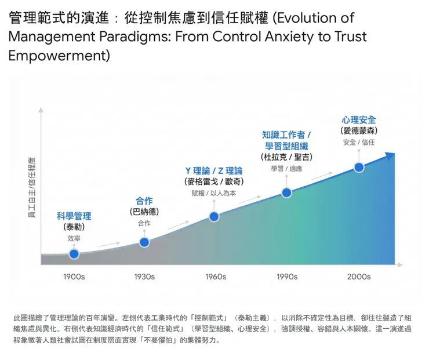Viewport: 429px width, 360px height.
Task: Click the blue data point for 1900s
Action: coord(74,254)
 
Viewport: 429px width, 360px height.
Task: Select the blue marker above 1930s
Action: coord(144,242)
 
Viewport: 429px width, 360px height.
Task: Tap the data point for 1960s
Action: coord(214,217)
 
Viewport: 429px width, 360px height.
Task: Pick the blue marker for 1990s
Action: coord(286,192)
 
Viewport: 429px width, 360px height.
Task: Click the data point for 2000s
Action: coord(359,168)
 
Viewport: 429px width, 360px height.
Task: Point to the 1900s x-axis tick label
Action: coord(74,277)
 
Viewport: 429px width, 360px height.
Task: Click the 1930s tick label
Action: coord(144,277)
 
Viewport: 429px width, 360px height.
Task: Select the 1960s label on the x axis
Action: coord(215,277)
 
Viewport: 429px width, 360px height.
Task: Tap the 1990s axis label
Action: coord(287,277)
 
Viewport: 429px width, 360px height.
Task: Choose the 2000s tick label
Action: coord(359,277)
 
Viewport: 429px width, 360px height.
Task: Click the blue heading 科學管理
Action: coord(74,216)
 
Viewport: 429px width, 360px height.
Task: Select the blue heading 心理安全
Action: coord(359,120)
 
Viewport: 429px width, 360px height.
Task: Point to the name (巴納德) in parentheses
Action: coord(144,212)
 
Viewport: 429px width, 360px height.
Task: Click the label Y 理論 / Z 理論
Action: coord(214,170)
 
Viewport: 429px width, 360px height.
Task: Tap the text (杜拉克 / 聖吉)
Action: coord(286,157)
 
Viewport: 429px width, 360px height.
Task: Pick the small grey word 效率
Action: coord(74,238)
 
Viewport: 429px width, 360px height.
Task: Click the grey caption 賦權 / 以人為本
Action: coord(214,193)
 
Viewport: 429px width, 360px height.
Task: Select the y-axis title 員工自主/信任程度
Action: coord(32,187)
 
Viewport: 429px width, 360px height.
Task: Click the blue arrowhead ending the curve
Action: coord(390,156)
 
